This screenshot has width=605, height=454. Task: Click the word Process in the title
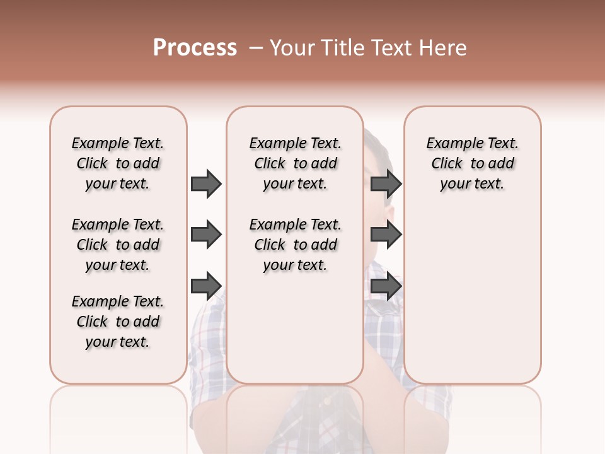pyautogui.click(x=195, y=48)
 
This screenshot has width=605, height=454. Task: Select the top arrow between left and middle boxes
pyautogui.click(x=206, y=183)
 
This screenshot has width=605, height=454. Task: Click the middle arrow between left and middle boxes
pyautogui.click(x=206, y=235)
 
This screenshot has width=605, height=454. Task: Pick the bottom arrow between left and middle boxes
pyautogui.click(x=206, y=286)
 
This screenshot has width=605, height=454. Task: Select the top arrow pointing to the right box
pyautogui.click(x=386, y=183)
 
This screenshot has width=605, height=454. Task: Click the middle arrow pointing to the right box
pyautogui.click(x=386, y=235)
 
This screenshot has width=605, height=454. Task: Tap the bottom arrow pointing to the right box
pyautogui.click(x=386, y=286)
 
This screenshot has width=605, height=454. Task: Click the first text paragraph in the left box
pyautogui.click(x=118, y=163)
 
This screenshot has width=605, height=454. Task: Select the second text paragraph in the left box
pyautogui.click(x=118, y=245)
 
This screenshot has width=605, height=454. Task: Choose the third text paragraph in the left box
pyautogui.click(x=118, y=322)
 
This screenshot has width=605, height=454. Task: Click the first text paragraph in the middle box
pyautogui.click(x=295, y=163)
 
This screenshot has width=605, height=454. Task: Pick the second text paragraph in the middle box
pyautogui.click(x=295, y=245)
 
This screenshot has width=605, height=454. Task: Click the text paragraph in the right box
pyautogui.click(x=472, y=163)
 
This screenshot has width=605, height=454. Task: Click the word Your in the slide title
pyautogui.click(x=292, y=48)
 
